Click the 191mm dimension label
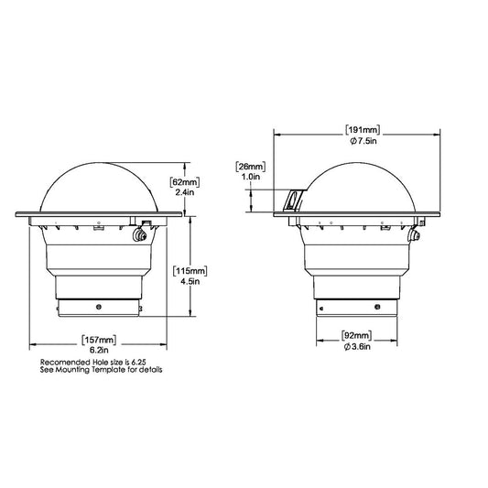pos(363,130)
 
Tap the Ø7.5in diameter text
pos(363,141)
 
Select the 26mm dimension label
pos(251,167)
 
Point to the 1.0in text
pos(251,177)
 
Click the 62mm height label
pos(185,182)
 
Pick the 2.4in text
pos(185,192)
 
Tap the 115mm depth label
pos(190,271)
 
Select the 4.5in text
pos(190,281)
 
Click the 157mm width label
pos(99,340)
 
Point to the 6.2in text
pos(99,350)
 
